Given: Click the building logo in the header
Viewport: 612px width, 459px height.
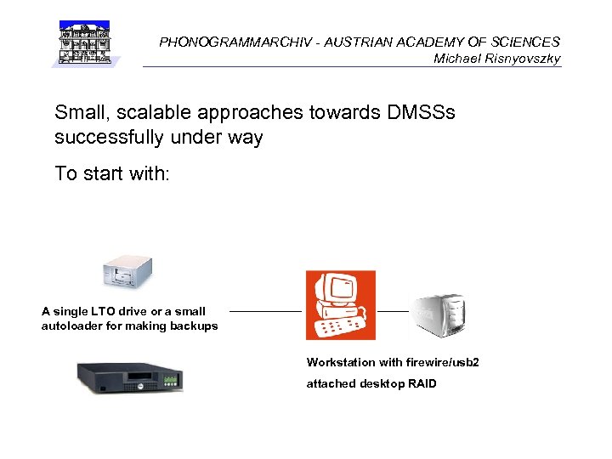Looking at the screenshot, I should point(85,42).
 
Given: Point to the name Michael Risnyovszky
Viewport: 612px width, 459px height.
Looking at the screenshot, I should point(496,59).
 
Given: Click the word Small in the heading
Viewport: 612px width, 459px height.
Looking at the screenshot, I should point(78,112).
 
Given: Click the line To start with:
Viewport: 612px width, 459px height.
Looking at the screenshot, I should point(112,174).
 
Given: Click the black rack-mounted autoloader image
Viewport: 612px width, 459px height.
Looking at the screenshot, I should point(130,377).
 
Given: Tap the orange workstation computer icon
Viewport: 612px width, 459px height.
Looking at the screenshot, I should point(340,305).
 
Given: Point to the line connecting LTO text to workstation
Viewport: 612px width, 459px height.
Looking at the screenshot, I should point(265,312).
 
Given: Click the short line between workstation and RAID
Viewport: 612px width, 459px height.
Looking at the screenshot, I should point(393,312).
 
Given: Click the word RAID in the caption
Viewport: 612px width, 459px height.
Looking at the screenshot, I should point(421,384).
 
